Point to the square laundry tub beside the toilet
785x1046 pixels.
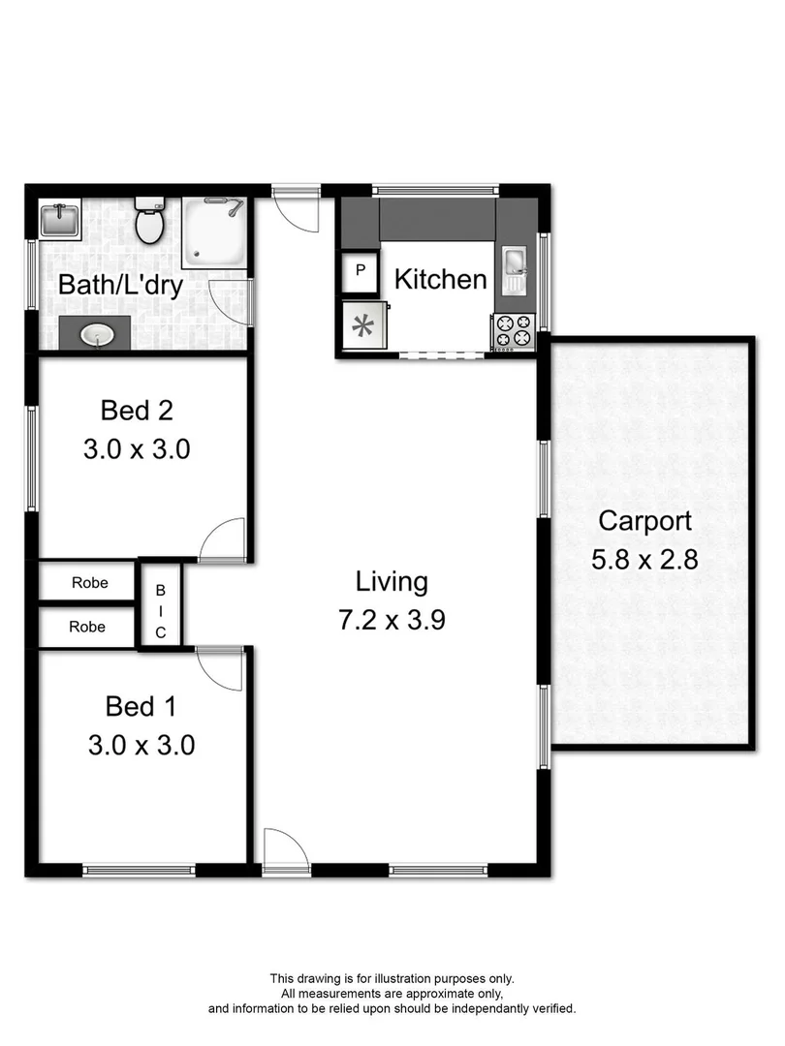(58, 219)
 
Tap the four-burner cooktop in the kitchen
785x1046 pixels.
(514, 331)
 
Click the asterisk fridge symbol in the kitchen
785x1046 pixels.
(363, 326)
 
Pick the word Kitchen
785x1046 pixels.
(440, 280)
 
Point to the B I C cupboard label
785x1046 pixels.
(161, 611)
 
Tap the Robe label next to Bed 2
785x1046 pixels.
(88, 583)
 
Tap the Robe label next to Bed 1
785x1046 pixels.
(87, 627)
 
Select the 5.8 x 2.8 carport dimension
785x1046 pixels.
(644, 560)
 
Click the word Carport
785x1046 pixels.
(644, 521)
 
